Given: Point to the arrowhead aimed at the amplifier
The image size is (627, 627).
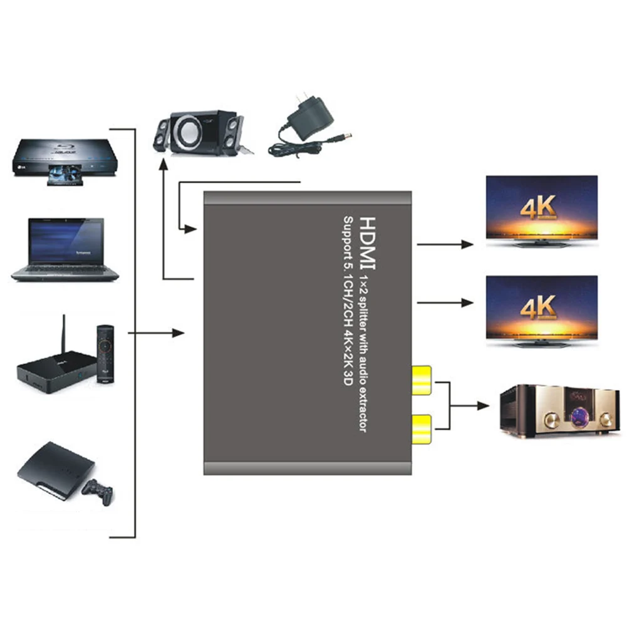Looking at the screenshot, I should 484,406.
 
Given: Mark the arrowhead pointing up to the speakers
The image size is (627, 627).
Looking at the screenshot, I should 163,165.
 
